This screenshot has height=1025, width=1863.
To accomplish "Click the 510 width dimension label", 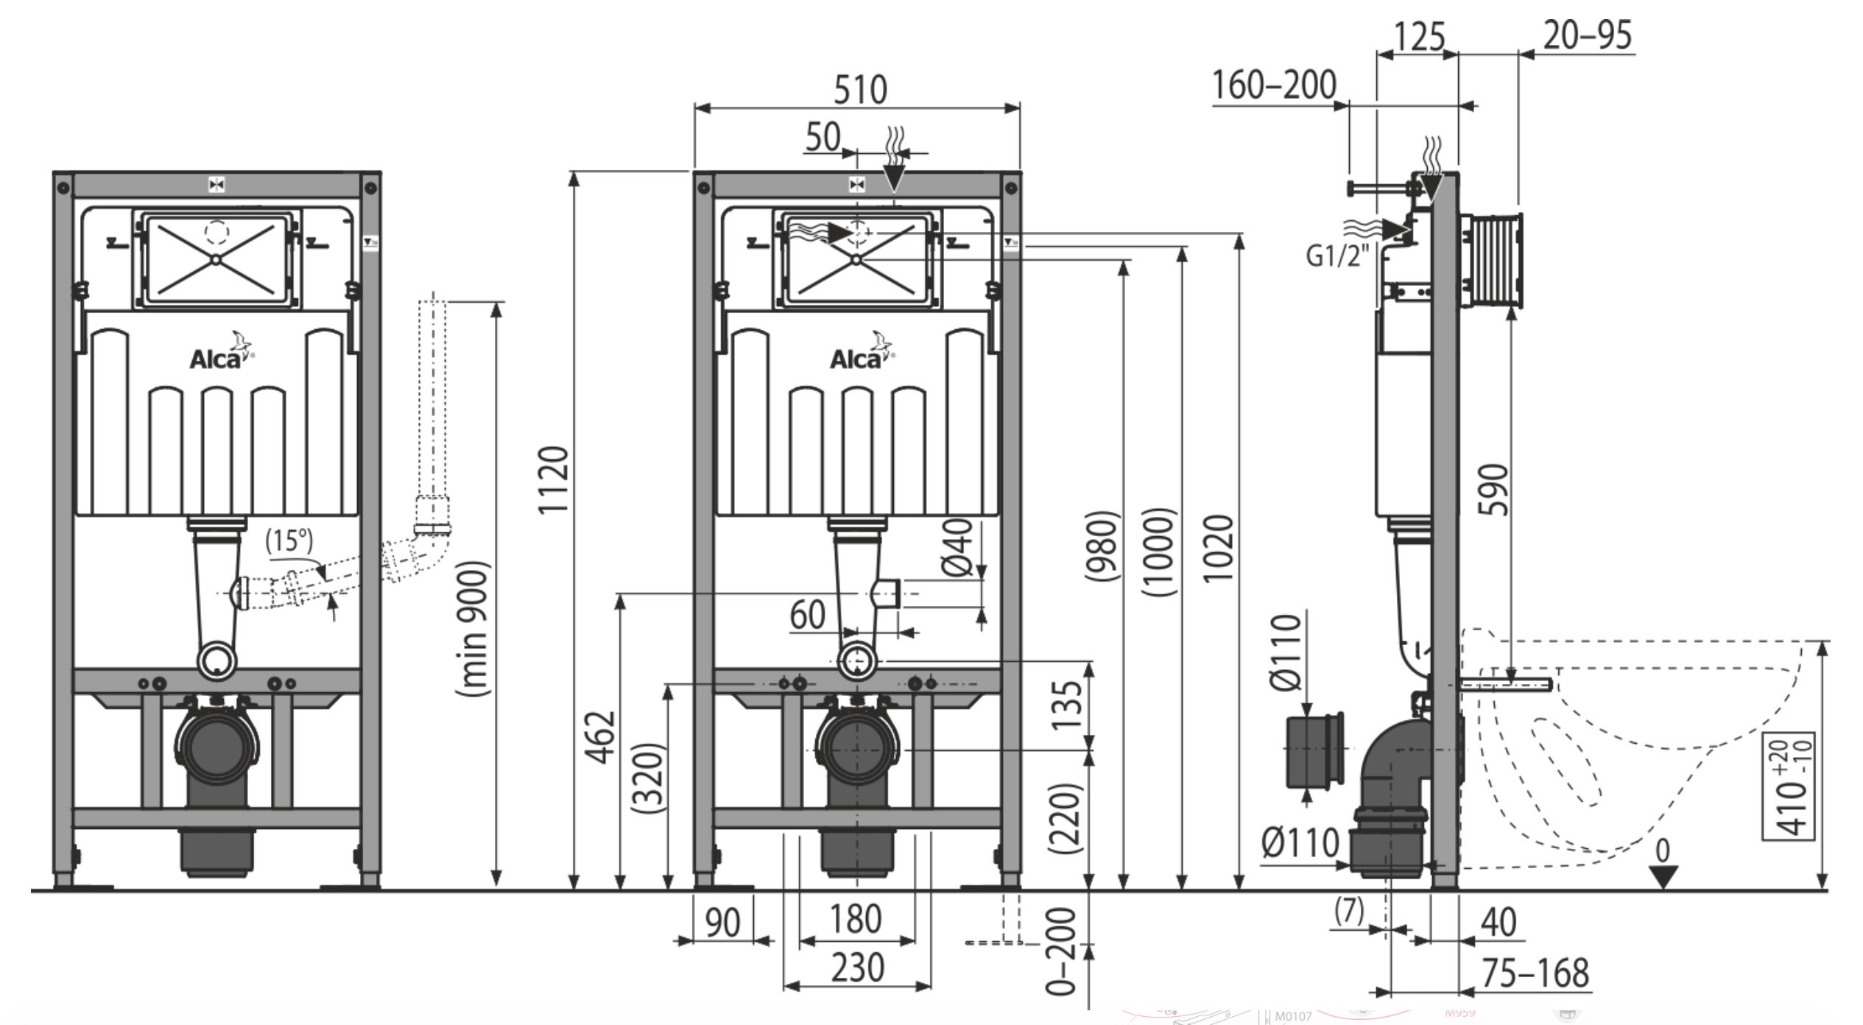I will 860,90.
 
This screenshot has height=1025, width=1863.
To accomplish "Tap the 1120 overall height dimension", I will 553,480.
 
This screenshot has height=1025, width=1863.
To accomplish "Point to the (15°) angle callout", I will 289,540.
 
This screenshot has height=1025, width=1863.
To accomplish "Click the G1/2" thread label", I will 1337,256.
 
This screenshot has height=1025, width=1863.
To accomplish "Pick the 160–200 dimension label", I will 1274,85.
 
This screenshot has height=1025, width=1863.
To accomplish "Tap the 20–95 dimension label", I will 1588,35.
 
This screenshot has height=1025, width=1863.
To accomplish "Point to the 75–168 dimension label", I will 1535,973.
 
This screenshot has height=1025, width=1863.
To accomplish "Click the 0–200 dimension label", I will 1062,951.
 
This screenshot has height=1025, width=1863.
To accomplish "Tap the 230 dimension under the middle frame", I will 857,968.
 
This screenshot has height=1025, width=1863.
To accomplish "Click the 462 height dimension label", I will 602,737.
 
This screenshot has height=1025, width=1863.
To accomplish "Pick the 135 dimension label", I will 1067,705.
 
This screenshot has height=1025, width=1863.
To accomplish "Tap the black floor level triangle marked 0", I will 1663,876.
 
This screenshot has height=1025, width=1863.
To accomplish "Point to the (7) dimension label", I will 1350,911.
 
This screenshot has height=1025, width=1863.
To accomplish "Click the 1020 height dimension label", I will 1217,549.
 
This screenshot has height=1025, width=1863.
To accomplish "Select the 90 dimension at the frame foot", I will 722,922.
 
